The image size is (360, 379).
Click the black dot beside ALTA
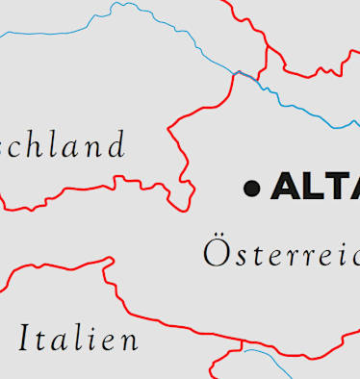click(x=252, y=188)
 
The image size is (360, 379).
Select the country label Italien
click(x=78, y=339)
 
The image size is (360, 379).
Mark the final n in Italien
click(x=127, y=341)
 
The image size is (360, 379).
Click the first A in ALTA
click(x=286, y=187)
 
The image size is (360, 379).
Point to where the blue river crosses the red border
click(x=237, y=72)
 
